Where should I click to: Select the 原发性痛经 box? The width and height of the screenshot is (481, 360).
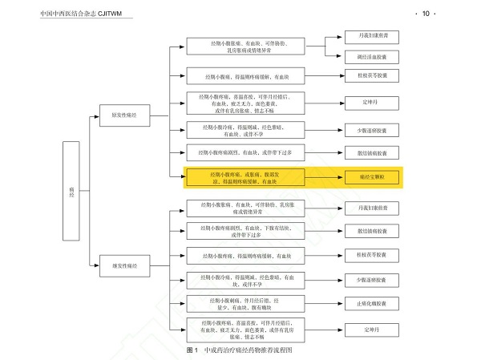pyautogui.click(x=119, y=115)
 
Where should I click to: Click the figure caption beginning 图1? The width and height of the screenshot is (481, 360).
pyautogui.click(x=240, y=350)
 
